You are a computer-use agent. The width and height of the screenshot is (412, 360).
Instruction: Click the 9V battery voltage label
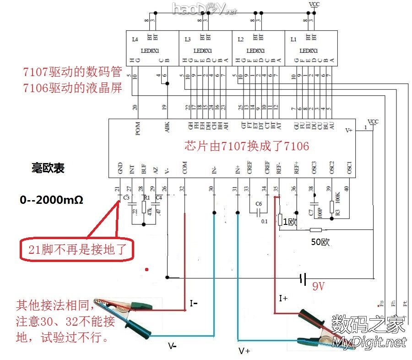coord(319,287)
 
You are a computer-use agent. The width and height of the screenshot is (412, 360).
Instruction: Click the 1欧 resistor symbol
coord(280,221)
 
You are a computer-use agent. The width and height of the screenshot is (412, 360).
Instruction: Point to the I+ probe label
coord(284,299)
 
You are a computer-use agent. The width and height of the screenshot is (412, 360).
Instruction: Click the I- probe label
coord(195,303)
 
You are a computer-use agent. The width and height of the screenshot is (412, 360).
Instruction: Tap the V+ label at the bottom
coord(244,351)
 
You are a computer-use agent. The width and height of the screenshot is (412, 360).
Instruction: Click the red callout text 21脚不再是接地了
coord(75,250)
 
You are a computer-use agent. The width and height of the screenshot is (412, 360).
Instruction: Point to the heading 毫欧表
coord(48,168)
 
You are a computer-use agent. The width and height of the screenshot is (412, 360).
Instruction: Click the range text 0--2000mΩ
coord(51,200)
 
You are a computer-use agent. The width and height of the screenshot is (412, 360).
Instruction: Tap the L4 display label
coord(135,40)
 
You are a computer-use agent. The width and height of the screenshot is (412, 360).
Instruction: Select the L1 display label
coord(293,40)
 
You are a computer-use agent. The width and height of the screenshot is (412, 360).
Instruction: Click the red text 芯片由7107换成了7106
coord(247,146)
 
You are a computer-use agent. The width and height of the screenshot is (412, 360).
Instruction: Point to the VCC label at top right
coord(314,5)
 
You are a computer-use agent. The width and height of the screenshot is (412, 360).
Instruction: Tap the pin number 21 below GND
coord(117,189)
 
